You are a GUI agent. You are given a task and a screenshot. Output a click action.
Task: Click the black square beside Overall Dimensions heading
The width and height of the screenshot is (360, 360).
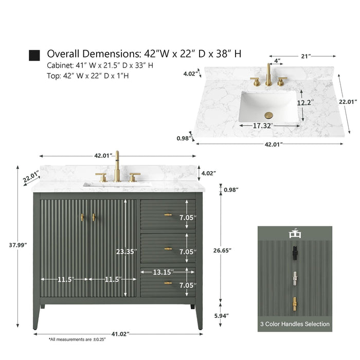tap(34, 56)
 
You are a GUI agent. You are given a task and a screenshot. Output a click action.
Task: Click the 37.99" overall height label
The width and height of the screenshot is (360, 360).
tap(18, 245)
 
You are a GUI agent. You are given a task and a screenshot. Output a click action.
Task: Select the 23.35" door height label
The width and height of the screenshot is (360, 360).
tap(127, 251)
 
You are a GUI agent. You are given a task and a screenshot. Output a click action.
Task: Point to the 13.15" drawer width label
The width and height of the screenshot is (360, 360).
tap(163, 272)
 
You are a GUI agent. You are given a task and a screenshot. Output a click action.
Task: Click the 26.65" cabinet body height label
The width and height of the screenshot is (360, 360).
tap(222, 250)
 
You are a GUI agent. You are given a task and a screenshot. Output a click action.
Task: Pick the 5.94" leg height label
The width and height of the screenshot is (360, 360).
tap(222, 316)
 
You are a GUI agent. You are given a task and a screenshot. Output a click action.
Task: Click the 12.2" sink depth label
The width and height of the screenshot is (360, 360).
tap(305, 103)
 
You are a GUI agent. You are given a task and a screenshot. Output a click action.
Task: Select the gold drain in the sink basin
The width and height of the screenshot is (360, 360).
tap(268, 115)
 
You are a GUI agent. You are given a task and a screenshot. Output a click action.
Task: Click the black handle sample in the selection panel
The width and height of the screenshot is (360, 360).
tap(295, 253)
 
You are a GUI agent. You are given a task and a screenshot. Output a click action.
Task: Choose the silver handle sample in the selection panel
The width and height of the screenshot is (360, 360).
tap(295, 279)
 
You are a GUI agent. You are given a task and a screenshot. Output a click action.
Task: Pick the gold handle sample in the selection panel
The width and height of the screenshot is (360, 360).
tap(295, 304)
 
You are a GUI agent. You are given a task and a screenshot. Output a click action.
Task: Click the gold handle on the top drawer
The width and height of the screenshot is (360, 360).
tap(168, 215)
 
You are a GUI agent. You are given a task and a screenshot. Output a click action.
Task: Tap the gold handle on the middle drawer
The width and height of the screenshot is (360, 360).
tap(168, 248)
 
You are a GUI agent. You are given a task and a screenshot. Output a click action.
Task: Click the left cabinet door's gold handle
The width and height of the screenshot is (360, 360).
tap(82, 218)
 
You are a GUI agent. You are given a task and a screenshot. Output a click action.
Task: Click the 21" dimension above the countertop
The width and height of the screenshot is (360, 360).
tap(306, 56)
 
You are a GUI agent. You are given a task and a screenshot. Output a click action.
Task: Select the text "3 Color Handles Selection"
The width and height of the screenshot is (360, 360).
tap(295, 324)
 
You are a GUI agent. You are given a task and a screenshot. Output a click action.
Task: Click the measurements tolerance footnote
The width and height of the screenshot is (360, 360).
tap(77, 339)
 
